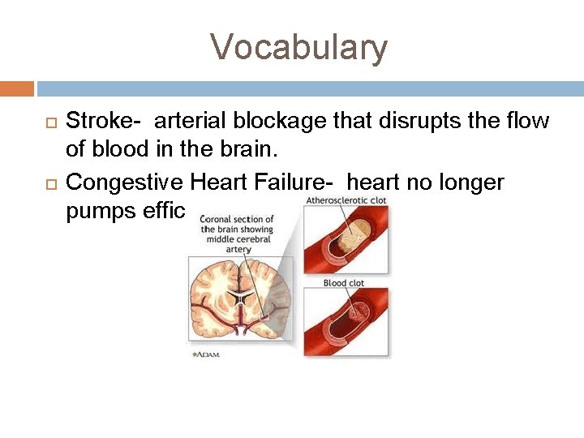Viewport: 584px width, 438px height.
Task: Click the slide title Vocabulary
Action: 299,47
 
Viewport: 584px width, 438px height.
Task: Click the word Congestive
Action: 125,182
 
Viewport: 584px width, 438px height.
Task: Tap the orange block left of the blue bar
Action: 17,88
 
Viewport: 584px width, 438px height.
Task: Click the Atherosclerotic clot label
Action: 346,200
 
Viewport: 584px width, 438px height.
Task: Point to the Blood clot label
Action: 344,283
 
